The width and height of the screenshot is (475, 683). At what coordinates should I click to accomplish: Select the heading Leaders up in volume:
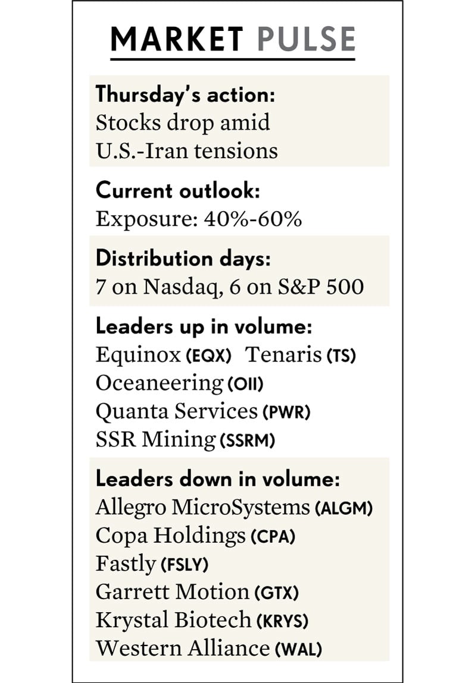(x=204, y=326)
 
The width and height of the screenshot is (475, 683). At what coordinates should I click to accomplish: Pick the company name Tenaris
(x=284, y=355)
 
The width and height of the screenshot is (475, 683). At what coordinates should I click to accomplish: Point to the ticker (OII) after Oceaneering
(x=245, y=384)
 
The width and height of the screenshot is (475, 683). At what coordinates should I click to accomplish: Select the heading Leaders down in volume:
(x=217, y=479)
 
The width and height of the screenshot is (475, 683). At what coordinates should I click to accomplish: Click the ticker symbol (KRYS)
(x=282, y=621)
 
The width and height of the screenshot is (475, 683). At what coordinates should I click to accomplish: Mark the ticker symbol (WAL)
(x=298, y=649)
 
